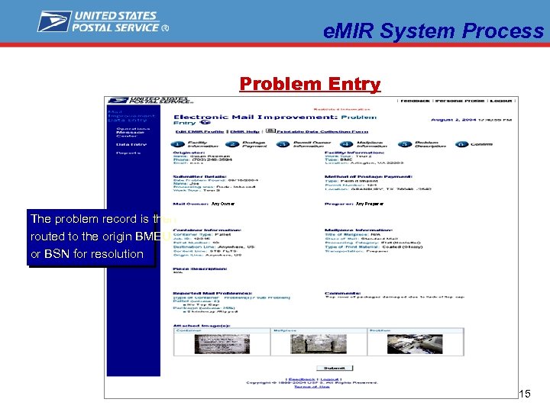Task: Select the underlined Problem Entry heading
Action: point(309,84)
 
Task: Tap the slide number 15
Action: point(524,394)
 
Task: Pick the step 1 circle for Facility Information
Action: point(177,144)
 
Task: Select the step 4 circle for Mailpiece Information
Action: point(346,144)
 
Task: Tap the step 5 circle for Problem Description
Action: point(403,144)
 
